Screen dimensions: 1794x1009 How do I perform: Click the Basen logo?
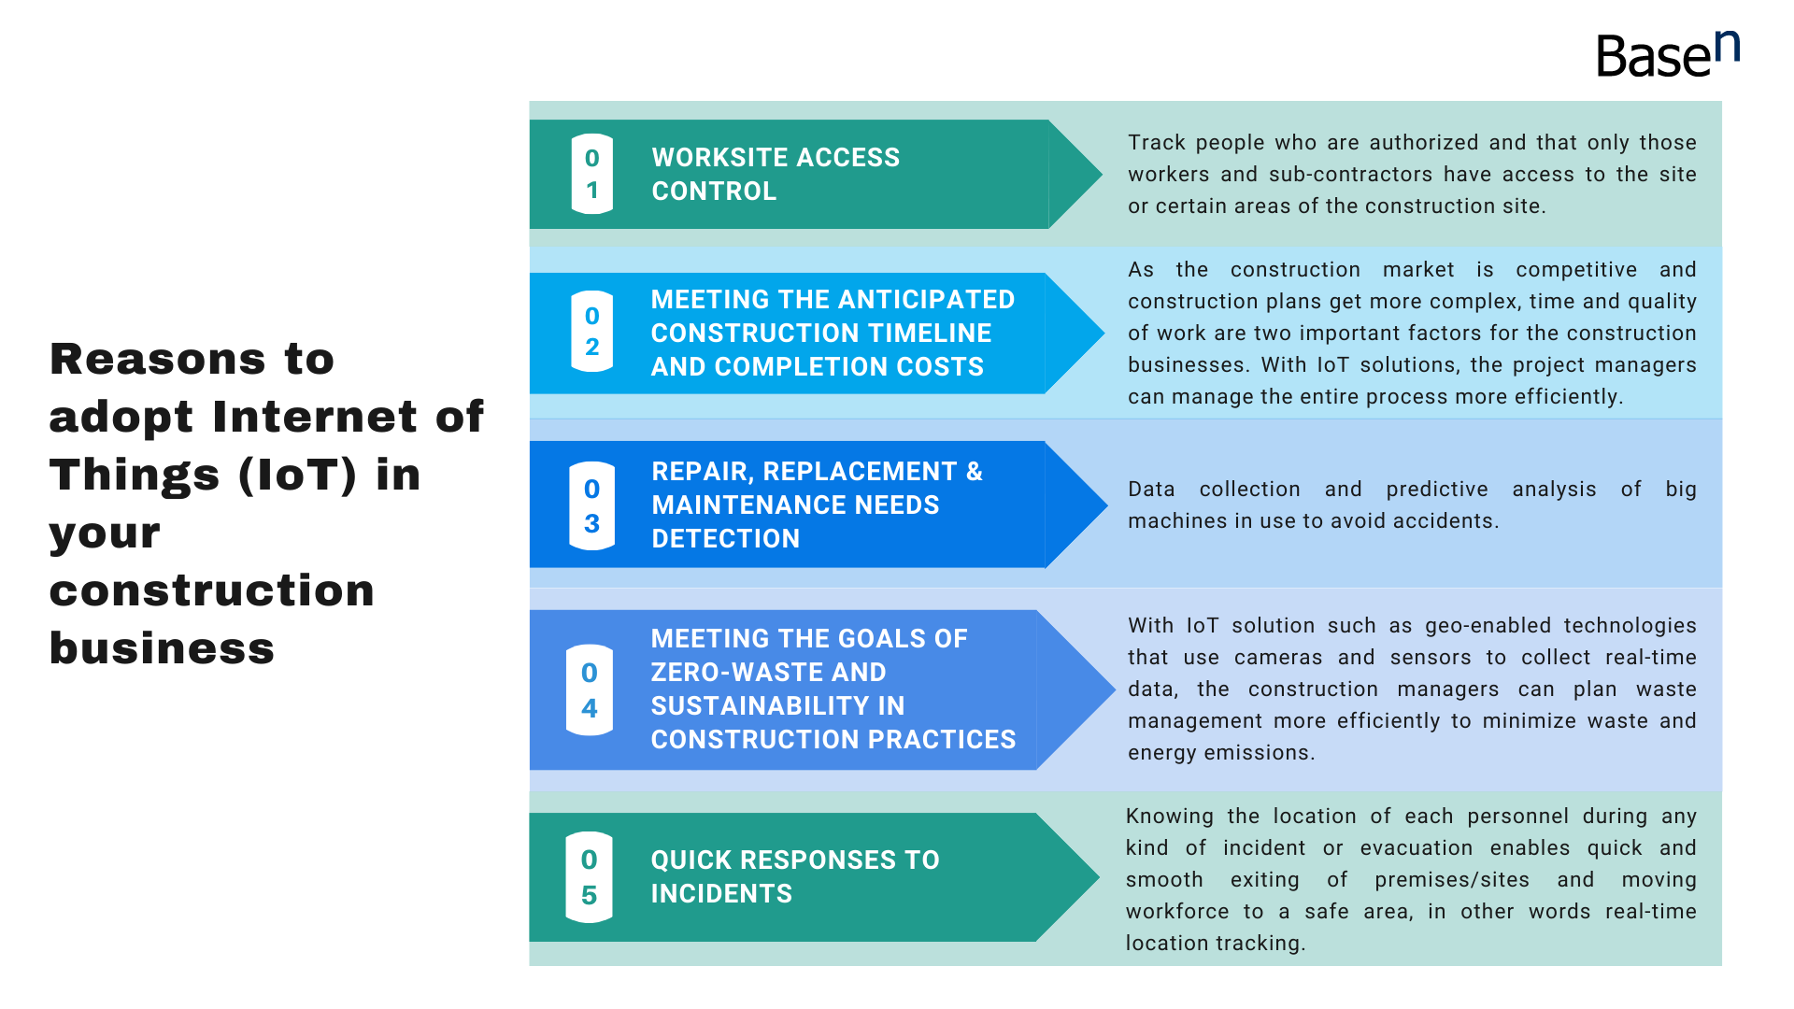(1668, 54)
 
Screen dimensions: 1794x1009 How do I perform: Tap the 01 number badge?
(591, 174)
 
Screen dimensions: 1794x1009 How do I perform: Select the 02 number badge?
(591, 332)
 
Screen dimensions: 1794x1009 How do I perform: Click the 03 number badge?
(591, 505)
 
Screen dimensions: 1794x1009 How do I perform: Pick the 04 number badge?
(590, 689)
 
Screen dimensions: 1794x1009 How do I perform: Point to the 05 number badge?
(589, 877)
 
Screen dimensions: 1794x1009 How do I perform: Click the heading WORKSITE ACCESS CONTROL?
(776, 174)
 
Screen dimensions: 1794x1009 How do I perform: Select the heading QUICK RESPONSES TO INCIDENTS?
(795, 876)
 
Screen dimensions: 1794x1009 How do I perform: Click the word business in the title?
(162, 647)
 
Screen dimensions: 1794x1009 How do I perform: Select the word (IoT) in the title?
(297, 475)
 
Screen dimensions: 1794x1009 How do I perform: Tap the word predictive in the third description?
(1437, 490)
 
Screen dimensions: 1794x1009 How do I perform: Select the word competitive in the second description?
(1576, 270)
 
